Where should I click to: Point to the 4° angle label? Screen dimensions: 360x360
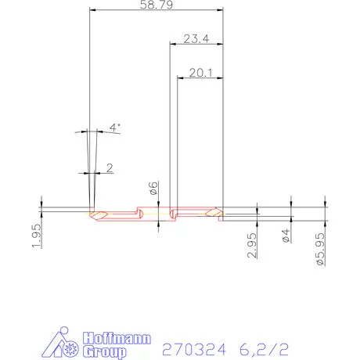(115, 127)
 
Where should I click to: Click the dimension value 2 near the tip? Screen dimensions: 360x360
(109, 167)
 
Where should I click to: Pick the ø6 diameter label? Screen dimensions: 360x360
(153, 189)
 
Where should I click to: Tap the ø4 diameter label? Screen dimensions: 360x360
(286, 237)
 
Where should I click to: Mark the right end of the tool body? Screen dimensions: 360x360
(223, 213)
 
